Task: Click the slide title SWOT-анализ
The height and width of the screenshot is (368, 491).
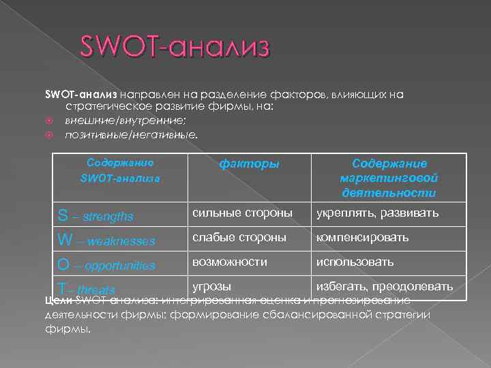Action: pos(175,48)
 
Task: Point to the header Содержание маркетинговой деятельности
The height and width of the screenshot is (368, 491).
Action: pos(389,178)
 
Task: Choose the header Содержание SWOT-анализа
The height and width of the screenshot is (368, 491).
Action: pos(120,170)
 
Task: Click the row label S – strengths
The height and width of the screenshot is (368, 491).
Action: pos(95,216)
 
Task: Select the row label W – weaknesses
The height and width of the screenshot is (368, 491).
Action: pos(106,240)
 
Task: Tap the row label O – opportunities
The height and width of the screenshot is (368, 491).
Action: pos(106,264)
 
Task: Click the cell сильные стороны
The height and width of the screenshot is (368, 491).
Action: pos(242,213)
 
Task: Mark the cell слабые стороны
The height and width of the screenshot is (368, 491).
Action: pos(239,237)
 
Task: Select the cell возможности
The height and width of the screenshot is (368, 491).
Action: pos(230,262)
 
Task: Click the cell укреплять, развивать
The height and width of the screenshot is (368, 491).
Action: pos(376,213)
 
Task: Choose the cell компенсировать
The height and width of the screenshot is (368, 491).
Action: pos(362,237)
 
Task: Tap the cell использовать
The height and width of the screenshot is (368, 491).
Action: pos(355,262)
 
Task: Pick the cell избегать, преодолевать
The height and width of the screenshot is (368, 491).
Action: pos(384,286)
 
